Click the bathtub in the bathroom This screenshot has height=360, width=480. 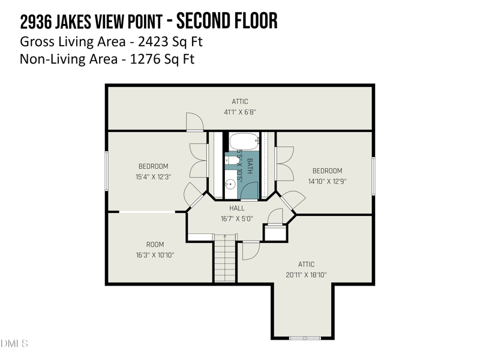pyautogui.click(x=244, y=142)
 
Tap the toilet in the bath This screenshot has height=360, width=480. pyautogui.click(x=232, y=160)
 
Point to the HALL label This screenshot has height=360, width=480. pyautogui.click(x=236, y=208)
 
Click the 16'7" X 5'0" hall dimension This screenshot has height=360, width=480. pyautogui.click(x=236, y=219)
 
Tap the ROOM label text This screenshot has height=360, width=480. pyautogui.click(x=155, y=244)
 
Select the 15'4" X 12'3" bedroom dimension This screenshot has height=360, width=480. pyautogui.click(x=153, y=177)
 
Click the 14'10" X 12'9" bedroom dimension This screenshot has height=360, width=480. pyautogui.click(x=327, y=181)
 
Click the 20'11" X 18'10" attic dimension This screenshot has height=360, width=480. pyautogui.click(x=306, y=275)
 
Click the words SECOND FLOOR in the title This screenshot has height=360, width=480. pyautogui.click(x=229, y=22)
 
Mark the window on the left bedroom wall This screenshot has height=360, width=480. pyautogui.click(x=107, y=171)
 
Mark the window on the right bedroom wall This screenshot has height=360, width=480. pyautogui.click(x=373, y=176)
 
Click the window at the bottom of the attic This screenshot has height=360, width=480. pyautogui.click(x=305, y=338)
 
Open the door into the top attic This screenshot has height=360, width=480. pyautogui.click(x=195, y=122)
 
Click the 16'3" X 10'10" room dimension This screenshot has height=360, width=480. pyautogui.click(x=155, y=255)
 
